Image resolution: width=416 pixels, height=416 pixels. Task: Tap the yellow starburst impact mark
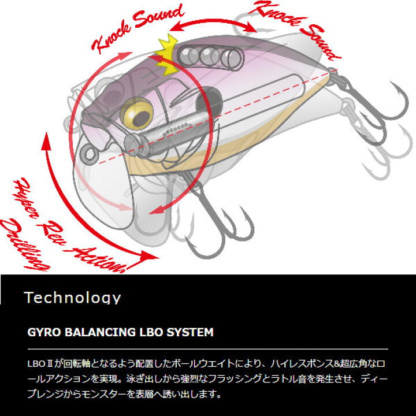(166, 55)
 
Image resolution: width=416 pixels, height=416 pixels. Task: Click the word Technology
(72, 298)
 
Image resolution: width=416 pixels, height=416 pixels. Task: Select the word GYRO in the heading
(44, 332)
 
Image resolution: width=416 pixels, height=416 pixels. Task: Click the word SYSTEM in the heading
(190, 332)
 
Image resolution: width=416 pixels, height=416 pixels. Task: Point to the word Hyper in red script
(25, 198)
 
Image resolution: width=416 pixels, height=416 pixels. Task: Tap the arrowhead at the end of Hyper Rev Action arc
(150, 257)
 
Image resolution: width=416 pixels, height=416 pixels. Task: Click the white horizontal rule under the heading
(208, 349)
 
